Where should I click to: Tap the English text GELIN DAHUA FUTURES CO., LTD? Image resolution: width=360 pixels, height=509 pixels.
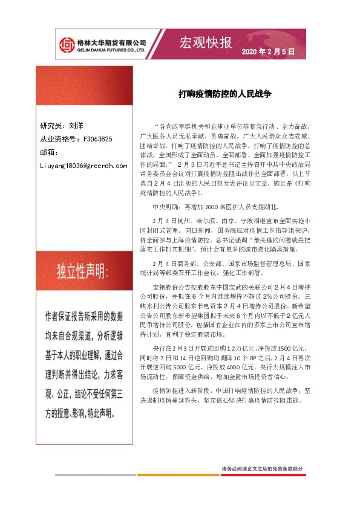111,50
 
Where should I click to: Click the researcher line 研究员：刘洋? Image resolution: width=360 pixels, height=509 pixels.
62,126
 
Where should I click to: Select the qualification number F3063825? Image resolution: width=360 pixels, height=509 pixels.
97,139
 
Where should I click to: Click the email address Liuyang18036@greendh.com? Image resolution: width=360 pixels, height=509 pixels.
83,164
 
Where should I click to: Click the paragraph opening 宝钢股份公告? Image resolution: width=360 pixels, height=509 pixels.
172,286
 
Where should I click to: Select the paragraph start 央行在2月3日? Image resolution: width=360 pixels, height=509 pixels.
174,349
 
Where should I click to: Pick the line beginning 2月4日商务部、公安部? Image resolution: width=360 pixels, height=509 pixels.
230,264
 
